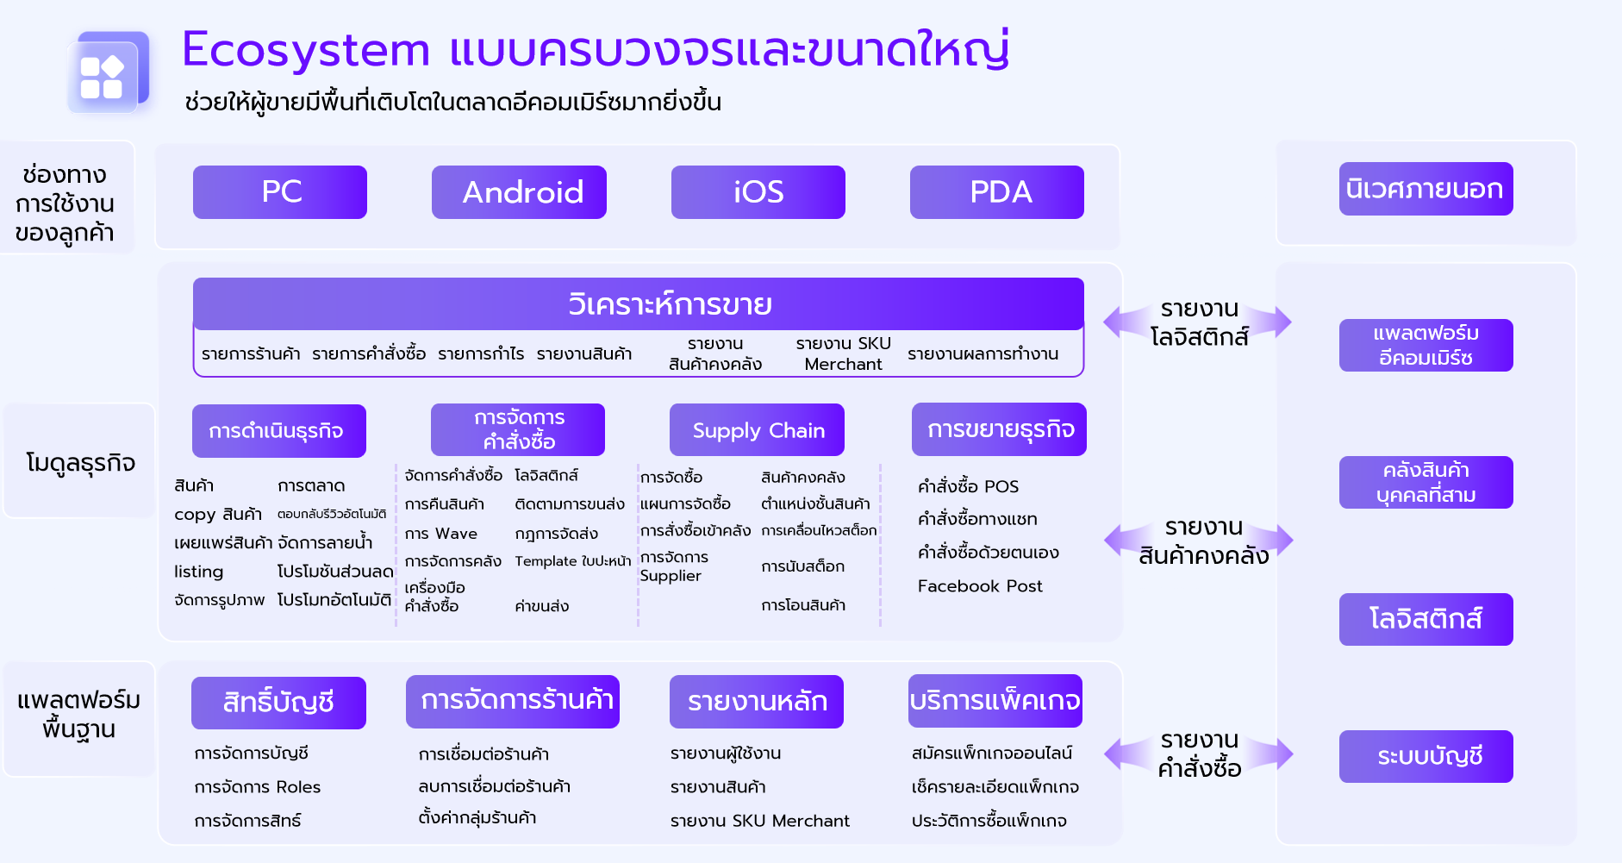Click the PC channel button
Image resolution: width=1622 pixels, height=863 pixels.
point(280,192)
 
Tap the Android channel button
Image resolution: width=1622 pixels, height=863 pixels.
point(519,192)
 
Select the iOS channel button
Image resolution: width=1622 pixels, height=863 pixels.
point(758,192)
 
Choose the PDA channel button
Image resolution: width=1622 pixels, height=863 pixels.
point(997,192)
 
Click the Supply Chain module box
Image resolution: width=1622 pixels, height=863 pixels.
point(757,430)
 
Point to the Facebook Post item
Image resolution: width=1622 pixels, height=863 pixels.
point(980,586)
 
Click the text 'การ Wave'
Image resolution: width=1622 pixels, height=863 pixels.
point(441,534)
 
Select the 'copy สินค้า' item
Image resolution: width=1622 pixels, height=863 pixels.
point(218,515)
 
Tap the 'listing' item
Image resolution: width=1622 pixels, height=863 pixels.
point(199,572)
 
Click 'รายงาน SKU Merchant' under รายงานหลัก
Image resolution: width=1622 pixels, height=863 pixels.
point(760,821)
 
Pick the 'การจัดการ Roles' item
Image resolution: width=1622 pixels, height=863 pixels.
point(258,787)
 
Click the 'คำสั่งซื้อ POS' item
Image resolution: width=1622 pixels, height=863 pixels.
point(968,486)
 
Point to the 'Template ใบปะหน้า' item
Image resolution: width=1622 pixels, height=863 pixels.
point(573,561)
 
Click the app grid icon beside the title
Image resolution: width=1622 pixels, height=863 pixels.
point(109,73)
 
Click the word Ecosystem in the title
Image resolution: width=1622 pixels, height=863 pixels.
point(306,49)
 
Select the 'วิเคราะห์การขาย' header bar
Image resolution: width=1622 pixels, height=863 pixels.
point(639,304)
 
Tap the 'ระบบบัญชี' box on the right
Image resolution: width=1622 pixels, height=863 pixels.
point(1426,757)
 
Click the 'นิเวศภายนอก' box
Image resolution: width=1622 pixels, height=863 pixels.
point(1426,189)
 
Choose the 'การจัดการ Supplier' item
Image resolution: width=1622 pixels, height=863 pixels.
point(674,566)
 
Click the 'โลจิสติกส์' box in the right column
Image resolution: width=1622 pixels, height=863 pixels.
point(1426,619)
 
